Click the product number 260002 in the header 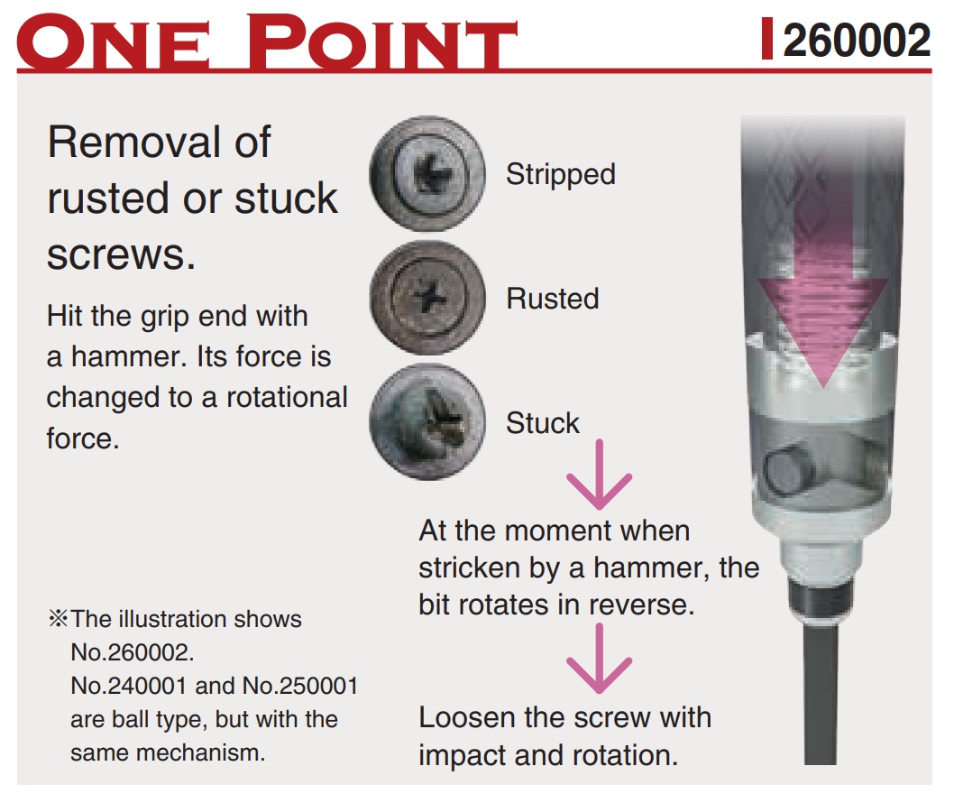pyautogui.click(x=856, y=41)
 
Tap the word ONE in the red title pyautogui.click(x=114, y=41)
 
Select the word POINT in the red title pyautogui.click(x=382, y=41)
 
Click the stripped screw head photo pyautogui.click(x=427, y=173)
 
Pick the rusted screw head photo pyautogui.click(x=427, y=298)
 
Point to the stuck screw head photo pyautogui.click(x=427, y=422)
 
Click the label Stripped pyautogui.click(x=560, y=175)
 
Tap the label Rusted pyautogui.click(x=553, y=299)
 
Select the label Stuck pyautogui.click(x=543, y=422)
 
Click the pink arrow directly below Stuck pyautogui.click(x=600, y=475)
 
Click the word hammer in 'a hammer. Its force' pyautogui.click(x=130, y=356)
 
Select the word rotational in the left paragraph pyautogui.click(x=287, y=398)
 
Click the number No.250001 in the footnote pyautogui.click(x=300, y=686)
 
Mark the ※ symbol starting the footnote pyautogui.click(x=59, y=619)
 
